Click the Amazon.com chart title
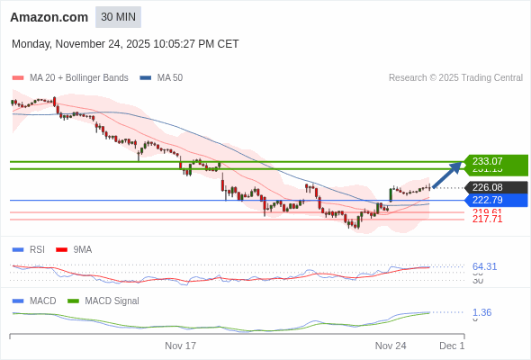[x=49, y=17]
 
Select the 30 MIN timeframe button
[x=118, y=17]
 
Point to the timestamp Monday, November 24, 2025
[x=125, y=43]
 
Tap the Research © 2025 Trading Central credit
[x=455, y=78]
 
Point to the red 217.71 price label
[x=487, y=220]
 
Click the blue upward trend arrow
[x=447, y=175]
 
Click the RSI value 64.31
[x=484, y=266]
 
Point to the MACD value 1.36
[x=481, y=312]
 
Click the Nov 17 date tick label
[x=180, y=346]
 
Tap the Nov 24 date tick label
[x=391, y=346]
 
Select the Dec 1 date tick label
[x=452, y=346]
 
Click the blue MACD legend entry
[x=42, y=301]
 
